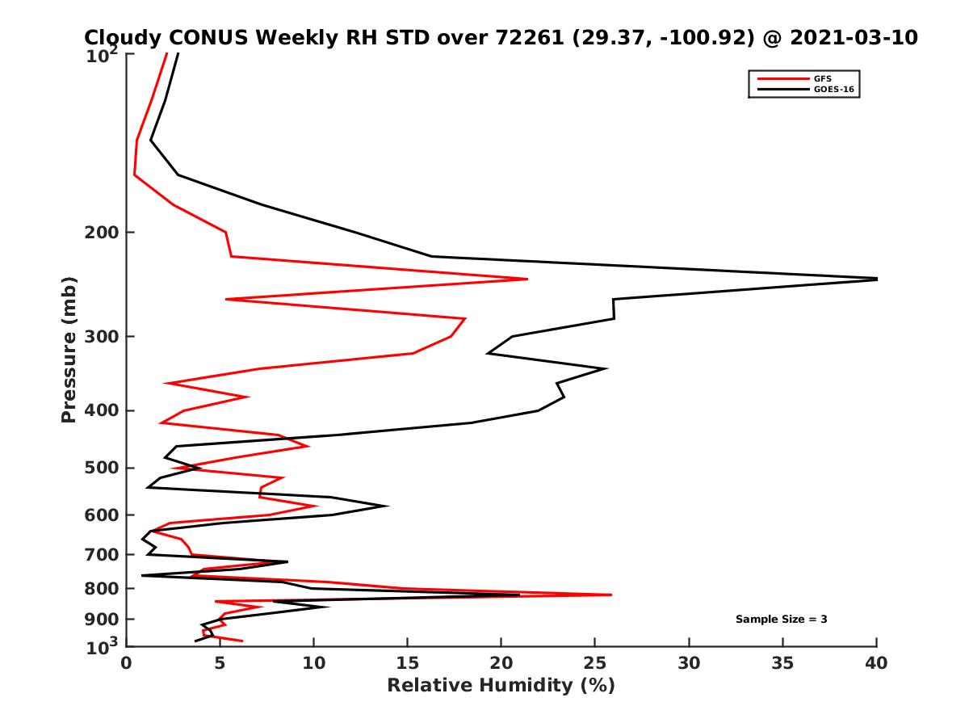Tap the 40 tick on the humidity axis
pos(877,663)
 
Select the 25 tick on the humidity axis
pos(595,663)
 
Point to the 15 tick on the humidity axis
pos(408,663)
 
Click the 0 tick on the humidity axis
pos(127,663)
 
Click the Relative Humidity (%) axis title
pos(501,686)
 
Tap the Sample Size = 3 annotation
pos(781,620)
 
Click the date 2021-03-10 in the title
pos(854,38)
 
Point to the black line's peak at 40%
pos(876,279)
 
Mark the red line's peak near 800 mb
pos(611,595)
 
